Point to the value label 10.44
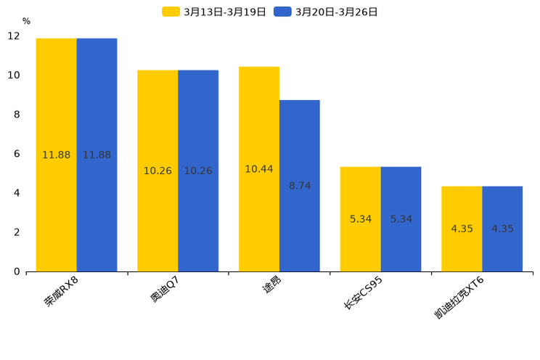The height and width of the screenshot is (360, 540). (x=259, y=169)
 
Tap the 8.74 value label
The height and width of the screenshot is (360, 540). (x=300, y=186)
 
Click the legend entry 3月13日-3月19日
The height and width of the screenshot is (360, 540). (x=215, y=12)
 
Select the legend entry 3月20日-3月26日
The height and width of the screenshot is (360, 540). (x=327, y=12)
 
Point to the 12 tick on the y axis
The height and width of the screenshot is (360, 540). (x=14, y=36)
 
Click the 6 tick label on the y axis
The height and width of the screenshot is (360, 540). (x=17, y=154)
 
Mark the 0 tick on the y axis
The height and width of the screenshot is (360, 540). (x=17, y=271)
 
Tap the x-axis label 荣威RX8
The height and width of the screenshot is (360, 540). (x=61, y=292)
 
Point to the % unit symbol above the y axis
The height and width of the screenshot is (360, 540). (x=26, y=21)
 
